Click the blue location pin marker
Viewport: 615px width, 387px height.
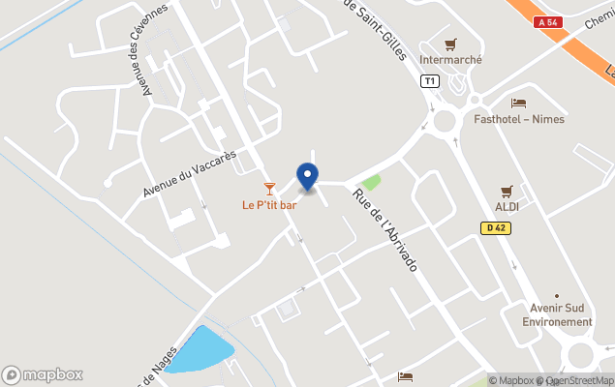click(x=307, y=176)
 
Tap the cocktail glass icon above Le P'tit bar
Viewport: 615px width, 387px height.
click(x=269, y=188)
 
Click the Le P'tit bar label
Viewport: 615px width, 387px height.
click(x=269, y=204)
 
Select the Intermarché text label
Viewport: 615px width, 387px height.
click(x=450, y=59)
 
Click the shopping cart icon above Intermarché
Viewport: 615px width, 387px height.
click(x=450, y=44)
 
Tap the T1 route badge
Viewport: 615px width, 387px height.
click(x=429, y=81)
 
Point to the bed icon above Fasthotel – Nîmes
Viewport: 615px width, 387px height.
click(x=519, y=103)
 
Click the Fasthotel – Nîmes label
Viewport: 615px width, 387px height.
click(x=519, y=119)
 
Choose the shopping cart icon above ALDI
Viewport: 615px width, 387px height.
click(x=507, y=192)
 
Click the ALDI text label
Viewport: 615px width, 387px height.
click(x=507, y=207)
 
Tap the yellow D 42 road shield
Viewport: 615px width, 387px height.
click(x=496, y=228)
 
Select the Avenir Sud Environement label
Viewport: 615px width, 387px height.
click(x=557, y=315)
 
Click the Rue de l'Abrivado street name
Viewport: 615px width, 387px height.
click(x=384, y=229)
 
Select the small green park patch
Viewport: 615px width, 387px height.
click(x=370, y=182)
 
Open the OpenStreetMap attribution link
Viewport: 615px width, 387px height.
click(x=578, y=380)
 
